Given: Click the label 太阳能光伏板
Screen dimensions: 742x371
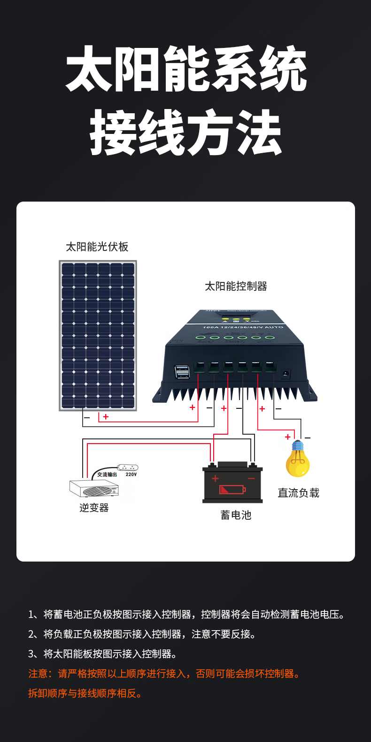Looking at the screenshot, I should click(97, 247).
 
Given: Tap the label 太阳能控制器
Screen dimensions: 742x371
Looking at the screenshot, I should click(236, 286).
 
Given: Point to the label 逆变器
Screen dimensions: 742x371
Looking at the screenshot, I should click(94, 508).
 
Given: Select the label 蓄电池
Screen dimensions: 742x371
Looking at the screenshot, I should click(236, 515).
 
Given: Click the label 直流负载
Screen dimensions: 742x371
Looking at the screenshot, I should click(298, 493).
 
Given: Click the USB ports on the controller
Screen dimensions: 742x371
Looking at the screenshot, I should click(182, 372).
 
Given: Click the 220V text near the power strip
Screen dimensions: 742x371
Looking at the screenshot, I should click(131, 475).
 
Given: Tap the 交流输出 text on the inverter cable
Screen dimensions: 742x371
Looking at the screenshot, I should click(107, 475).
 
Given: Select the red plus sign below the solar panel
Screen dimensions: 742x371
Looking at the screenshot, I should click(106, 417).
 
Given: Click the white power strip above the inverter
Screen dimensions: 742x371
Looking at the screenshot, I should click(128, 468).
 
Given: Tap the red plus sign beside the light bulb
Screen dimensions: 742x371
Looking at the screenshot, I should click(288, 437).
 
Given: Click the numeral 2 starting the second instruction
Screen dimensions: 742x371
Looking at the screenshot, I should click(31, 634).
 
